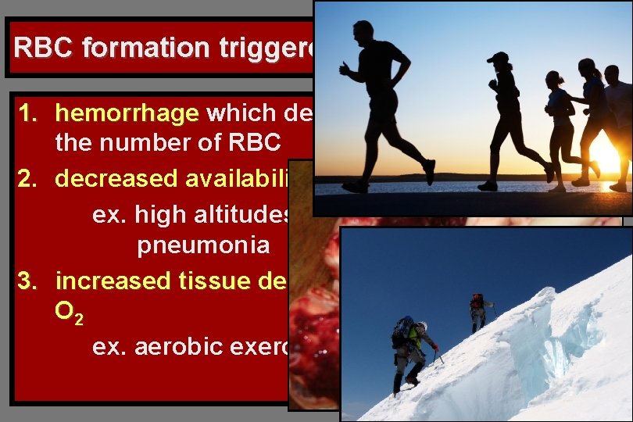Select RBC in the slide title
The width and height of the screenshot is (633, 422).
click(43, 48)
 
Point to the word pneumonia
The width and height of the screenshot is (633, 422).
click(203, 245)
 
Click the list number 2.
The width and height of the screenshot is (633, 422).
click(27, 179)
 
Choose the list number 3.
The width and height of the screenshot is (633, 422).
click(27, 279)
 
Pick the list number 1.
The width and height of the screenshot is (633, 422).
click(27, 114)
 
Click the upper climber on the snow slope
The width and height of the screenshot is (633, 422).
click(477, 308)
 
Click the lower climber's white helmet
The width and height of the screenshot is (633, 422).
click(421, 327)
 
